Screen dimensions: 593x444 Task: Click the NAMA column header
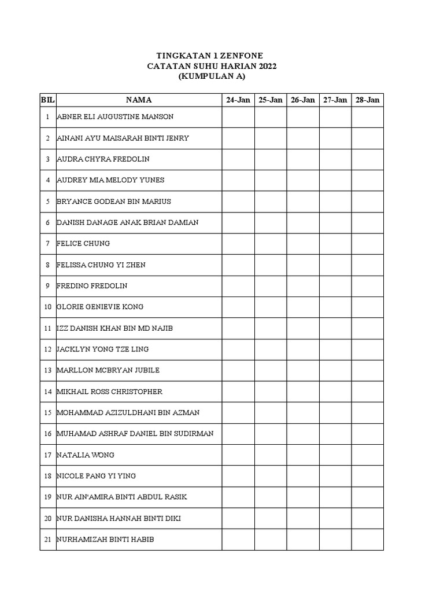coord(139,100)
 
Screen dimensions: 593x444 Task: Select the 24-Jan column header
coord(238,100)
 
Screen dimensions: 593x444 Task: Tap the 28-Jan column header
coord(367,100)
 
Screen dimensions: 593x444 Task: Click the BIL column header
coord(47,100)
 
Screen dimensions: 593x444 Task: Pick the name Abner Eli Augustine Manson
coord(115,117)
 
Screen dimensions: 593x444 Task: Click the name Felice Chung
coord(83,244)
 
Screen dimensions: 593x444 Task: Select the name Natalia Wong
coord(86,455)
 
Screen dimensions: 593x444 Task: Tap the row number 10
coord(47,307)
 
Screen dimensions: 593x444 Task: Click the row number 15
coord(47,413)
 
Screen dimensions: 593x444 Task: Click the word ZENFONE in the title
coord(242,56)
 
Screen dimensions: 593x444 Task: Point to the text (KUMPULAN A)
coord(212,76)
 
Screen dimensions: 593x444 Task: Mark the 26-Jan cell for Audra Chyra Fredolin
coord(303,159)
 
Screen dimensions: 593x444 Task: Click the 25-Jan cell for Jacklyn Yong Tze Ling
coord(271,349)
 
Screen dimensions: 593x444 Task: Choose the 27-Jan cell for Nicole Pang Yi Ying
coord(335,476)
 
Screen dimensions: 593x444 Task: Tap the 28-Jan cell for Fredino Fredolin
coord(367,286)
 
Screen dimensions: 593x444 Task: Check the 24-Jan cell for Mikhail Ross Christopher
coord(238,392)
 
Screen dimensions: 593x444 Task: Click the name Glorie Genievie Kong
coord(100,307)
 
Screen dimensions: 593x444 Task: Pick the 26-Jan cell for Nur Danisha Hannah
coord(303,518)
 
